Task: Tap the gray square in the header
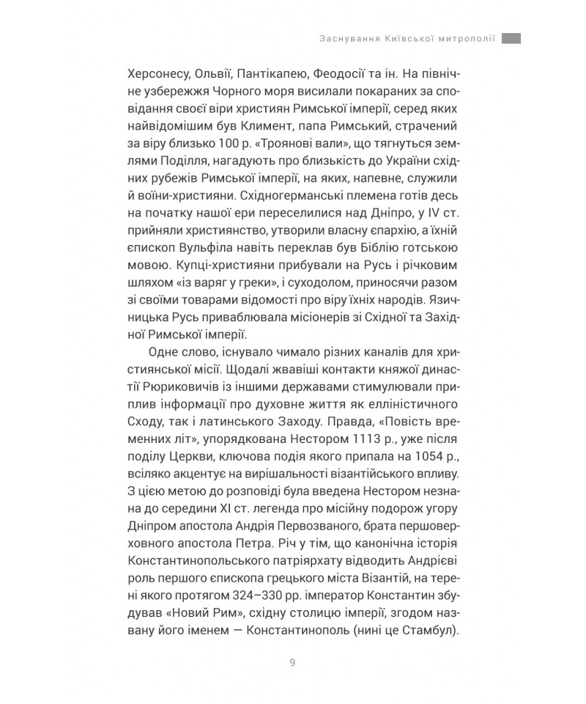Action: tap(511, 38)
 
